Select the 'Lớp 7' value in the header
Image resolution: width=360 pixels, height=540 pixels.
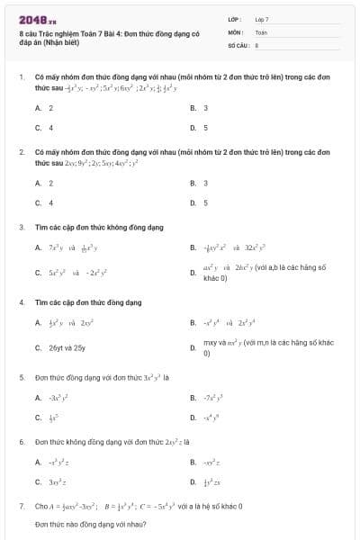[262, 19]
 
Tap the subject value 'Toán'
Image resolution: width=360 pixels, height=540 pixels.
[261, 31]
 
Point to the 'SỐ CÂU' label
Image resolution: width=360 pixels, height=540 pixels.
[238, 43]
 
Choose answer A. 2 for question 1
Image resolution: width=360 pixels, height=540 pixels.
[44, 108]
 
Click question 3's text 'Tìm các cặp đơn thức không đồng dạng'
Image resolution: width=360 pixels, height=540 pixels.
[87, 227]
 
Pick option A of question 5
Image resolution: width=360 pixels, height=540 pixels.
[53, 397]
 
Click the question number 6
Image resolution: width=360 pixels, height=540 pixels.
[22, 443]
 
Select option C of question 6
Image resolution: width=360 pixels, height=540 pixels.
[53, 483]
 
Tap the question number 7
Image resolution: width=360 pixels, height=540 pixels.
[22, 507]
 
